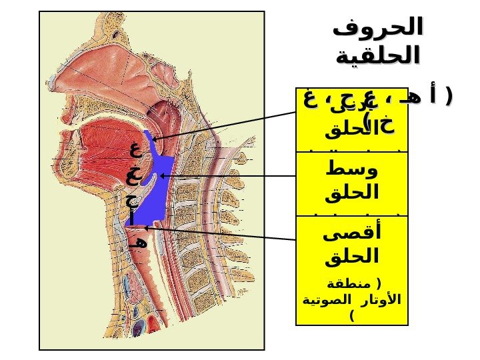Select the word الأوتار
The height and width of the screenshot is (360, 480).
pyautogui.click(x=385, y=299)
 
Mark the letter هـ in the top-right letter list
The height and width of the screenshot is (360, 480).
pyautogui.click(x=415, y=98)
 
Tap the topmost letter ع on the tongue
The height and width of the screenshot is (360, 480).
pyautogui.click(x=135, y=149)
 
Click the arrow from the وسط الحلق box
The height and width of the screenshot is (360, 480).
pyautogui.click(x=227, y=175)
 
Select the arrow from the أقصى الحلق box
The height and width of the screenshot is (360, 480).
pyautogui.click(x=220, y=233)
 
